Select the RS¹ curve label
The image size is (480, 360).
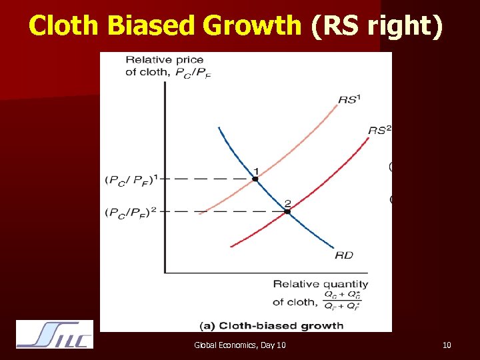tap(349, 99)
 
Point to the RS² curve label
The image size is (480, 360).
tap(379, 130)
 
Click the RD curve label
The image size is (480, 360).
tap(344, 255)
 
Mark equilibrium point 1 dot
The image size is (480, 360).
tap(255, 179)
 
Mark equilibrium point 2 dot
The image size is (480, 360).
tap(287, 211)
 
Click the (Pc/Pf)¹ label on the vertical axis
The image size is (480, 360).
tap(133, 179)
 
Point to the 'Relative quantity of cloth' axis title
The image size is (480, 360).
tap(321, 293)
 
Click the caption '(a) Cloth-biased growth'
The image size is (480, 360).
tap(272, 325)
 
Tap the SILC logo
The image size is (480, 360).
tap(55, 334)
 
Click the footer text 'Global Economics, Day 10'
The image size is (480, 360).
tap(240, 345)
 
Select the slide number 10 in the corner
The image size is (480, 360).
tap(447, 345)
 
